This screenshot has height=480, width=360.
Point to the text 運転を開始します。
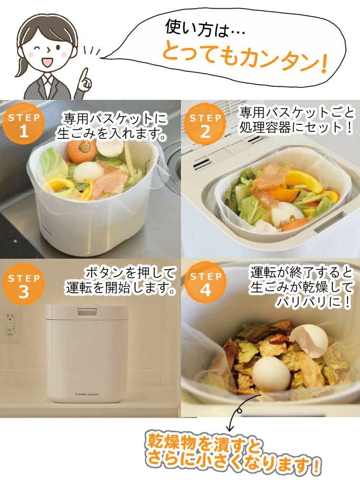pyautogui.click(x=120, y=288)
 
